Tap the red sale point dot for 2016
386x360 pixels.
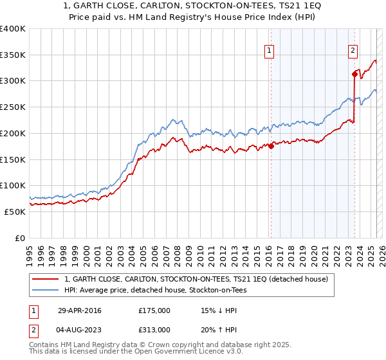271,146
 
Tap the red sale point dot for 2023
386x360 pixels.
354,74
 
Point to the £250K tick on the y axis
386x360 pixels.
12,107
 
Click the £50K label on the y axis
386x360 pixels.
15,212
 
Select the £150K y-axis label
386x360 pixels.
12,159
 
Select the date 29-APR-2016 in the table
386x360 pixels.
79,310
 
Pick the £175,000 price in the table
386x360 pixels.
154,310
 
